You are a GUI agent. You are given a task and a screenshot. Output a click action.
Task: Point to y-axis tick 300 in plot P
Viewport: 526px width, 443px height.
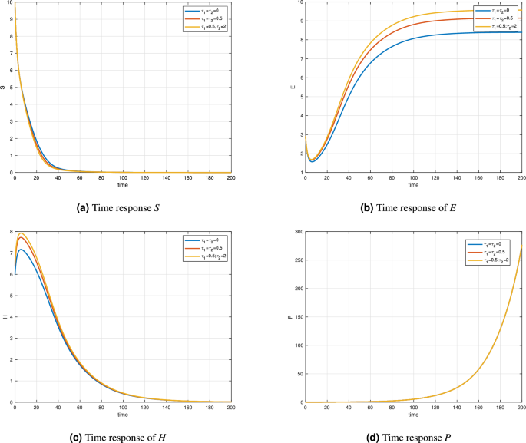coord(297,230)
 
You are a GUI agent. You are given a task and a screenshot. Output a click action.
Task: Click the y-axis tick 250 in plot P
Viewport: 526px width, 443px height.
coord(297,259)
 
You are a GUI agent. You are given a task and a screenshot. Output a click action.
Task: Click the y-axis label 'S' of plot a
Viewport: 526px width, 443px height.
coord(4,88)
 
